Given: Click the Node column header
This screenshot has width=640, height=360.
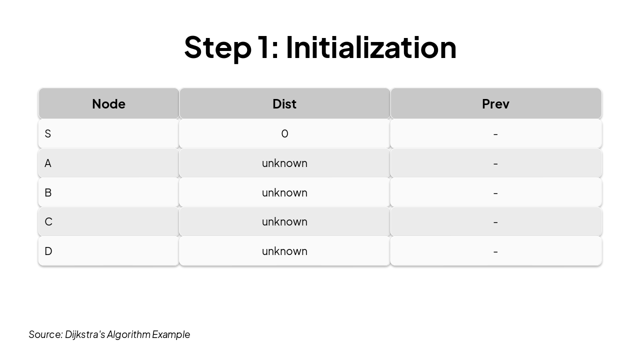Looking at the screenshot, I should pos(108,103).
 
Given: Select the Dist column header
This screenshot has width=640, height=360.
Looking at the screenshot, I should pos(284,103).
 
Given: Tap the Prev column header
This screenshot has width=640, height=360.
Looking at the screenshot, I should pos(495,103).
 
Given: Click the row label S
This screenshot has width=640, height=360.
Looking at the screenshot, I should pos(48,133).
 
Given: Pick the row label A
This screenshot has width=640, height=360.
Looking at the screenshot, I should pos(48,163).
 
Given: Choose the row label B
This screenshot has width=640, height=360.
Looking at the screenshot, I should pos(48,192).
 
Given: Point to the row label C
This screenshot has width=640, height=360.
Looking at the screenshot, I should pos(48,221).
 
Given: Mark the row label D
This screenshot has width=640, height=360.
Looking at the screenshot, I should pos(48,251).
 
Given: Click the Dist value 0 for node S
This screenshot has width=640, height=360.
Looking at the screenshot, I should pos(284,133).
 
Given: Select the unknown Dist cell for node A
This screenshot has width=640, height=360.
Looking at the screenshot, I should pos(284,163).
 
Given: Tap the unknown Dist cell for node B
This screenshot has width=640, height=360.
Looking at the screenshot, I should pos(284,192).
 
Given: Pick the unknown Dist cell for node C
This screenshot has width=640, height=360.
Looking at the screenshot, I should pos(284,221).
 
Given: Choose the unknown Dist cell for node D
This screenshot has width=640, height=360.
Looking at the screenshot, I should pos(284,251).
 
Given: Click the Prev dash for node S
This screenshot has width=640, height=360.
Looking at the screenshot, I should pos(495,133).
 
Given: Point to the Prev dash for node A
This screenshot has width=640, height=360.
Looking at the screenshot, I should pos(495,163).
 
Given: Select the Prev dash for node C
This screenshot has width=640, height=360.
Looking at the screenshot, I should pos(495,221).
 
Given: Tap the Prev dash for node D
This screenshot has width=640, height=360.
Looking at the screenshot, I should pos(495,251).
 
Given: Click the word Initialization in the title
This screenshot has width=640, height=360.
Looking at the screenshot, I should pos(371,47).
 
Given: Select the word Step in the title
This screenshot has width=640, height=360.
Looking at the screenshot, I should pos(217,47).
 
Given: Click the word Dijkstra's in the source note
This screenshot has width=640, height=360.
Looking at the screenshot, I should pos(85,334).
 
